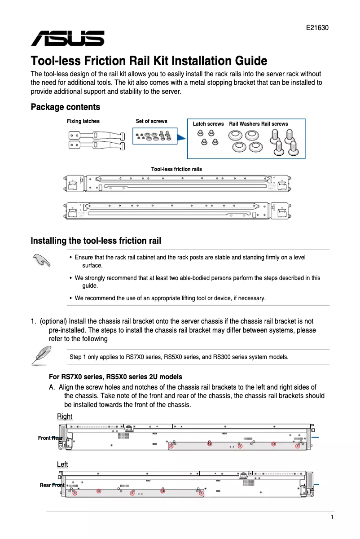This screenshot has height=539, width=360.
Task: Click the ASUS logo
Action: pos(67,39)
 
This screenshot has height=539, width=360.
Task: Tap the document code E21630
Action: pos(317,28)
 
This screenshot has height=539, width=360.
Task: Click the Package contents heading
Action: pos(65,107)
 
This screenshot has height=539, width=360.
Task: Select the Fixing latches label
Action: pos(83,121)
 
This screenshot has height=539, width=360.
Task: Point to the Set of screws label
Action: pos(151,121)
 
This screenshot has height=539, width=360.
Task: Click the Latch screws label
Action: pos(208,124)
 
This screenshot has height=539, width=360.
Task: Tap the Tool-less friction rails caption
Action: pos(176,169)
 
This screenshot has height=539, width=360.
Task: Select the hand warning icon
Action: pos(41,260)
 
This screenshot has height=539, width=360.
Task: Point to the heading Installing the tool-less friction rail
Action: pos(96,241)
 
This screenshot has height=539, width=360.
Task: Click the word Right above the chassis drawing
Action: pos(65,416)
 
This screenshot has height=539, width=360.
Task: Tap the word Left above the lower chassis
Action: pos(62,464)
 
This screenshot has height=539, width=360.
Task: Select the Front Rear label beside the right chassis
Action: pos(50,438)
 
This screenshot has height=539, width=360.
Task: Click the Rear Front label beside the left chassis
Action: pos(52,485)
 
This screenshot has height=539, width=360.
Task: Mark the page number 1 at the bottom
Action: pos(332,517)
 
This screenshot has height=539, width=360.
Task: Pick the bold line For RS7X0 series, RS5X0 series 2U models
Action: pos(115,377)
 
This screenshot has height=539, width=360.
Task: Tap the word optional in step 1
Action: pos(54,321)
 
